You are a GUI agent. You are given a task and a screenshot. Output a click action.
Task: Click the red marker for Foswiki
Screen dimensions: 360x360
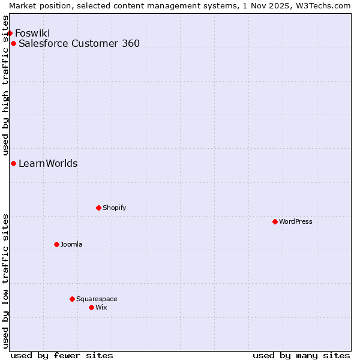pos(10,33)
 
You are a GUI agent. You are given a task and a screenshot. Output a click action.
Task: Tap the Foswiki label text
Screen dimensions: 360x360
pos(32,33)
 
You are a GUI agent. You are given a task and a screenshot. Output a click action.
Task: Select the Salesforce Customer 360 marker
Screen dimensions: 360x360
pos(13,43)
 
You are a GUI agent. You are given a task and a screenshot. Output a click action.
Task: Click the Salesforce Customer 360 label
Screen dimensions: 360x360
pos(79,43)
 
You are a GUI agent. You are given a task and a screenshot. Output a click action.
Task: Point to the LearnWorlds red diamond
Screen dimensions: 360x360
pos(13,163)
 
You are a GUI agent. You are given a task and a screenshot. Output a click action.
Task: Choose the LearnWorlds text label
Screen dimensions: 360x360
pos(48,163)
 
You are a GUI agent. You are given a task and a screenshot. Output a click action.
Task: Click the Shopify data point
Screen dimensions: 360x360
pos(98,208)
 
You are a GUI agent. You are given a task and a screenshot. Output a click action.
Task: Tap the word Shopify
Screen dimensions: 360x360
pos(115,208)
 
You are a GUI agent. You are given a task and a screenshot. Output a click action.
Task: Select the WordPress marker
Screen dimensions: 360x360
pos(275,221)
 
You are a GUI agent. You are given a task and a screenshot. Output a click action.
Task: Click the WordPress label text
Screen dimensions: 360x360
pos(296,221)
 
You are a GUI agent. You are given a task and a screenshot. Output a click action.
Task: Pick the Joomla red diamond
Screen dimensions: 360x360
pos(56,244)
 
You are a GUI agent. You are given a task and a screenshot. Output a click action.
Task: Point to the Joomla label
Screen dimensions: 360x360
pos(71,244)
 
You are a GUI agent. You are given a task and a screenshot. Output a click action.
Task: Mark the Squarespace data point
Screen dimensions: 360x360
pos(72,299)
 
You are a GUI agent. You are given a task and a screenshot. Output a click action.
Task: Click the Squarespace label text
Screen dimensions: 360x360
pos(97,299)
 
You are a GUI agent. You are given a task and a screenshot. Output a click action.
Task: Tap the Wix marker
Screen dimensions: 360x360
pos(91,307)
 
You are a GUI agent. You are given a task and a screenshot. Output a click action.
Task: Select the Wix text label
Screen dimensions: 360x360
pos(101,307)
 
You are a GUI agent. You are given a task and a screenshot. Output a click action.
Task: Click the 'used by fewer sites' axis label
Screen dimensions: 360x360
pos(62,355)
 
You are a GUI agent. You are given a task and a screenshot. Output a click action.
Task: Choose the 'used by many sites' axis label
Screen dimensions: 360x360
pos(301,355)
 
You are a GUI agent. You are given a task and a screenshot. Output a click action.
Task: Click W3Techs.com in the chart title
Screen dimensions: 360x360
pos(322,5)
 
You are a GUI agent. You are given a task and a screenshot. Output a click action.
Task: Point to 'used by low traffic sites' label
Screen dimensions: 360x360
pos(5,281)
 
